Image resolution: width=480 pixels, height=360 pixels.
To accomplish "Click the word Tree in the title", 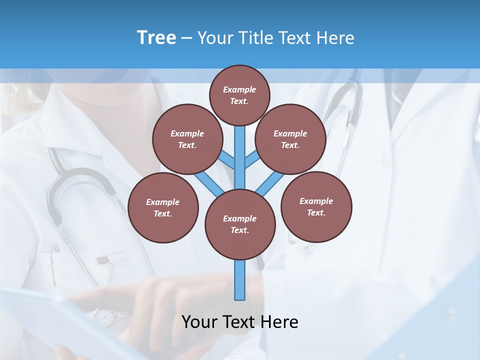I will point(156,38).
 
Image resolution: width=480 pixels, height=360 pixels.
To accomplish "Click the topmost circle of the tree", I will point(239,95).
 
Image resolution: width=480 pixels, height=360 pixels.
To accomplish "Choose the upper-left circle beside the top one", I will point(187,139).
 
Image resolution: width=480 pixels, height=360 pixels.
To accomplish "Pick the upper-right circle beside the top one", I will point(290,139).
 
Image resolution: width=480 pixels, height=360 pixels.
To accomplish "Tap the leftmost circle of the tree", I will point(162,207).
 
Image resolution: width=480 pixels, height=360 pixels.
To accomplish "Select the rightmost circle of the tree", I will point(316,206).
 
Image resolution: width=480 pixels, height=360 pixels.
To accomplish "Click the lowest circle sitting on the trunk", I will point(239,224).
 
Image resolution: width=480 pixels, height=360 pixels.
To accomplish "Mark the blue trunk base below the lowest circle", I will point(240,280).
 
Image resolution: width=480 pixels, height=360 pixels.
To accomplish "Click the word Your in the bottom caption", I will point(199,322).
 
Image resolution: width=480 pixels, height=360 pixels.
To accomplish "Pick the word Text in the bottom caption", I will point(239,322).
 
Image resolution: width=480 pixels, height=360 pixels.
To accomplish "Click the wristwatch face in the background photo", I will point(104,317).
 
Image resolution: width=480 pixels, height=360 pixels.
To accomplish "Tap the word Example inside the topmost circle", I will point(239,89).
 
